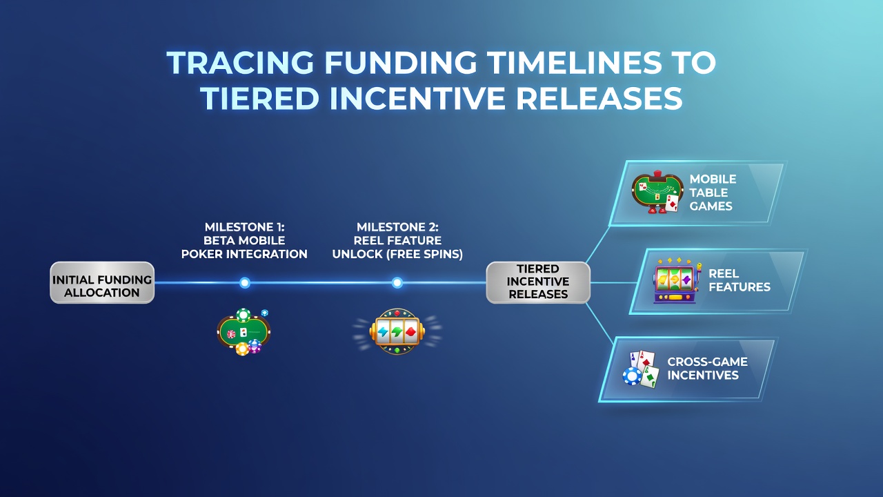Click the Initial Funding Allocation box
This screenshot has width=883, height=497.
102,282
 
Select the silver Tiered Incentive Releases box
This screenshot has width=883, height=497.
538,282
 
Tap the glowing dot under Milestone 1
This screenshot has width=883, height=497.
245,282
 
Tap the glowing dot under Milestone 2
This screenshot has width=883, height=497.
397,282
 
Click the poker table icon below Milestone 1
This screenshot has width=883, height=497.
244,332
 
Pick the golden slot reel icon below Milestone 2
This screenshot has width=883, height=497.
397,331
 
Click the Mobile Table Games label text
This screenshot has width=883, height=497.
713,193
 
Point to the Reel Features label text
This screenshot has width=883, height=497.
739,280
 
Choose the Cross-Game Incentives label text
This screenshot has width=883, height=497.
707,369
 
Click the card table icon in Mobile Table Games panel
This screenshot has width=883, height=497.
657,192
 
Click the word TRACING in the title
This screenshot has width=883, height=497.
240,62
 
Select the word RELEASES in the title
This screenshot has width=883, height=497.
599,98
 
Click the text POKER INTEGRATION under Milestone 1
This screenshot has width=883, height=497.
244,254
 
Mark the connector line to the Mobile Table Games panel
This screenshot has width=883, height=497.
598,244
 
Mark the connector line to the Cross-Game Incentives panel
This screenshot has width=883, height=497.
599,320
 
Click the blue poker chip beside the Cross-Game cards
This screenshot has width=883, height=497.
633,376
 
